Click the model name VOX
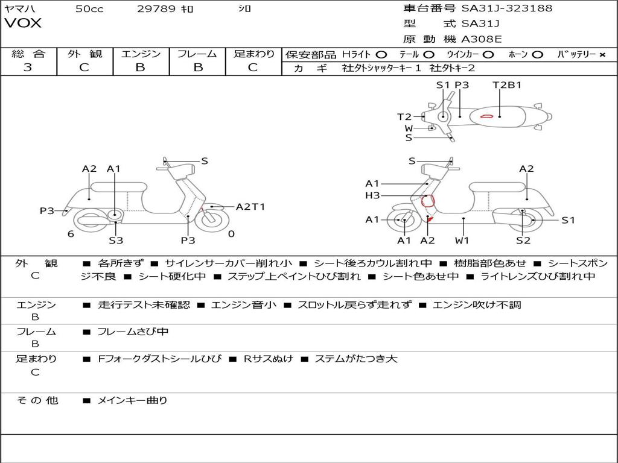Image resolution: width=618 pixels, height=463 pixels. tap(23, 24)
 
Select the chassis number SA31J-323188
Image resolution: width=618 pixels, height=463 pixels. tap(506, 8)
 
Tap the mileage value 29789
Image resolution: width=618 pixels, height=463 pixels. tap(156, 8)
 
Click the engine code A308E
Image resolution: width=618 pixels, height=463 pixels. tap(481, 40)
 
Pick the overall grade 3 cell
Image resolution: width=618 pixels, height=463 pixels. tap(28, 68)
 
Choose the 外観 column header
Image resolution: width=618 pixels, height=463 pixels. tap(84, 54)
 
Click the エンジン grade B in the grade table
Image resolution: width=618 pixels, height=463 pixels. tap(140, 68)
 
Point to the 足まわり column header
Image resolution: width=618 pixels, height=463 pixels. tap(253, 54)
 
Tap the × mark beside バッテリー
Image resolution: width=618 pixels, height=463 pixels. tap(602, 54)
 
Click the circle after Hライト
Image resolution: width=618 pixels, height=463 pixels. tap(381, 54)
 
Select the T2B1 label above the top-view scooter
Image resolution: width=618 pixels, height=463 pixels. tap(506, 85)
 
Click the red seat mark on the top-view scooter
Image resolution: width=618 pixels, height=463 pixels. tap(486, 116)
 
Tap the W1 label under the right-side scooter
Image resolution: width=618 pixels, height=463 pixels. tap(462, 241)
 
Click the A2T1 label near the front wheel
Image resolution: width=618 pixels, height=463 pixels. tap(250, 207)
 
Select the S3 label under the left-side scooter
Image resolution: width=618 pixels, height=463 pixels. tap(116, 241)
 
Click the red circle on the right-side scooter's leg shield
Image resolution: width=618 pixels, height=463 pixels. tap(427, 201)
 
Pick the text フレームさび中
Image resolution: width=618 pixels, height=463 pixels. tap(133, 332)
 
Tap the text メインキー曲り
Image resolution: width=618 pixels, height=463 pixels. tap(132, 400)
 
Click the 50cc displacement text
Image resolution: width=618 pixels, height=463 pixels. tap(89, 8)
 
